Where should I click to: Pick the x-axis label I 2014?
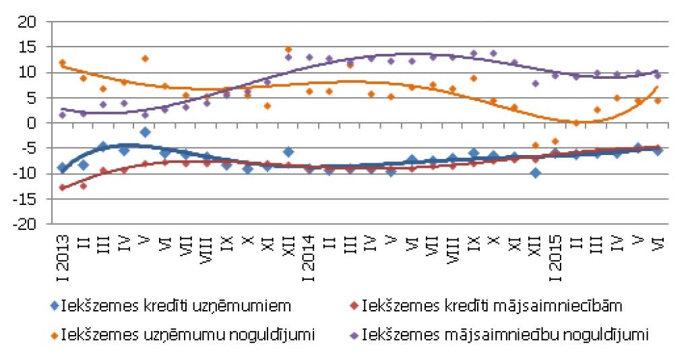click(x=309, y=256)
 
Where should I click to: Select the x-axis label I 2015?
click(x=555, y=256)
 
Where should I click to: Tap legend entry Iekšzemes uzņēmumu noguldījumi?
click(x=189, y=334)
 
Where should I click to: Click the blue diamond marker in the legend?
click(x=55, y=305)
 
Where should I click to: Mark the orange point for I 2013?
click(x=62, y=63)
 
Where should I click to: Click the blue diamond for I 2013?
click(x=62, y=168)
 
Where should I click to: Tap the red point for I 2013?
click(x=62, y=187)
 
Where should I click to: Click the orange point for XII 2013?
click(x=288, y=49)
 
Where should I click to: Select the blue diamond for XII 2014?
click(x=535, y=173)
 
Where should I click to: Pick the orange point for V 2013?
click(x=145, y=59)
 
